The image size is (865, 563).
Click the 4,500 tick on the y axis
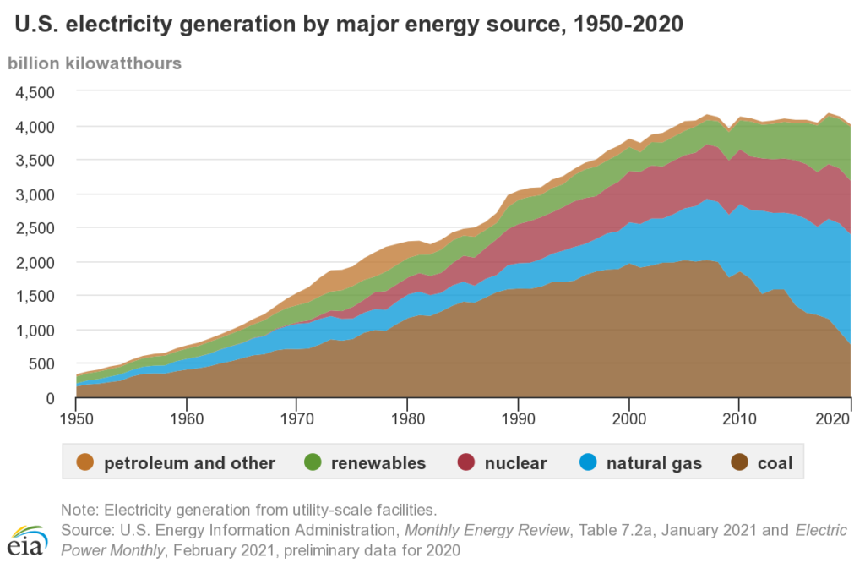(35, 91)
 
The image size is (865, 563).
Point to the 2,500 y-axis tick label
(35, 228)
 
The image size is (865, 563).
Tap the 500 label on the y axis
(42, 364)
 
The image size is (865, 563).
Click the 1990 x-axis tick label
(518, 417)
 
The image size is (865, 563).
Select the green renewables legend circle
(313, 462)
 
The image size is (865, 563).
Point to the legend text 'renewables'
(378, 463)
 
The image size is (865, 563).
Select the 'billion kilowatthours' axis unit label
(95, 63)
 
